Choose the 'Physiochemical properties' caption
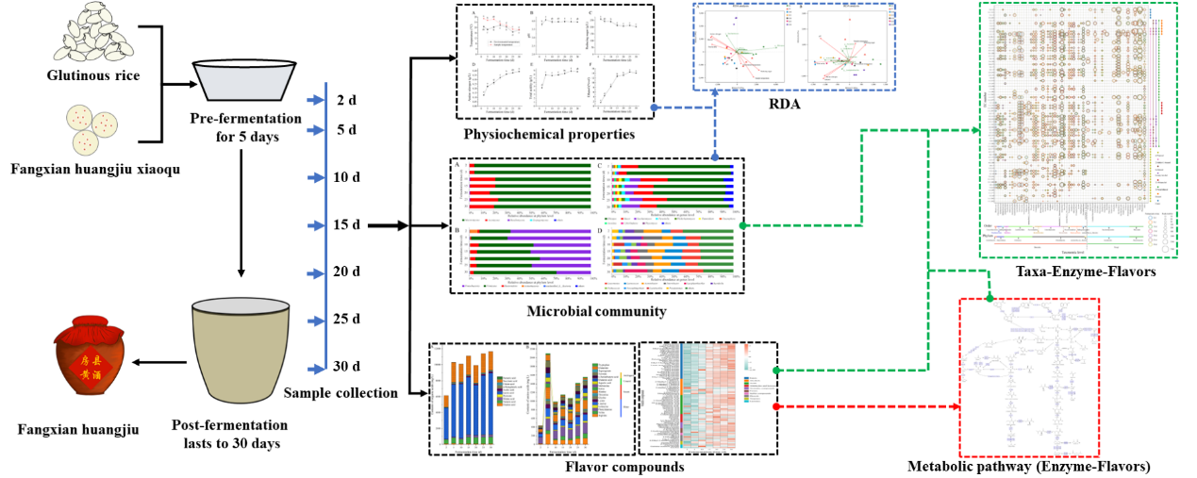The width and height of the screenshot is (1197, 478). coord(548,134)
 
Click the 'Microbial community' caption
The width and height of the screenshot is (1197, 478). coord(598,311)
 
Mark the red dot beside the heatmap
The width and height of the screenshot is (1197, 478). coord(776,406)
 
